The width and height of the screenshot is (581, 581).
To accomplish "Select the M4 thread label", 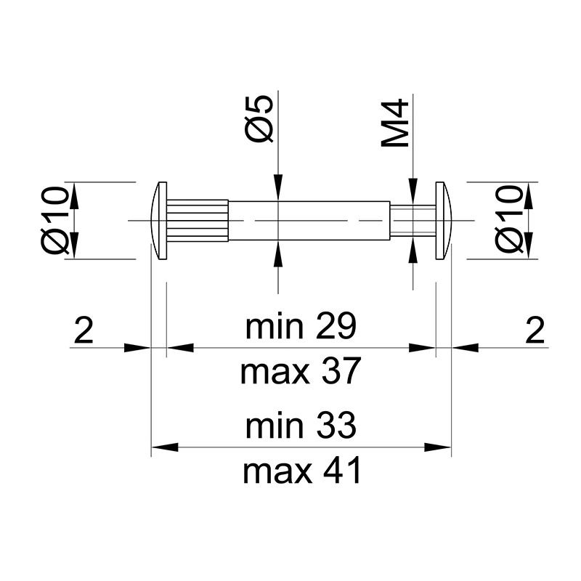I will tap(397, 124).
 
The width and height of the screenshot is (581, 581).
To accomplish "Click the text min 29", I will tap(301, 328).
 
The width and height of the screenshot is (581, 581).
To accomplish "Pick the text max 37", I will tap(301, 373).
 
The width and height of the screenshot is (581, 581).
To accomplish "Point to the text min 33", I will tap(301, 426).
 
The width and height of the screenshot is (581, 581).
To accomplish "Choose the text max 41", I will tap(301, 473).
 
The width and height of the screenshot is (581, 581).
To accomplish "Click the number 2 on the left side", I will tap(84, 332).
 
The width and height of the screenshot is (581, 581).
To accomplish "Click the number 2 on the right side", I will tap(534, 332).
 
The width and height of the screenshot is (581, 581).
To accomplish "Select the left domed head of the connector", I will tap(159, 220).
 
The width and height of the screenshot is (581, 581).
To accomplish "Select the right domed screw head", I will tap(442, 220).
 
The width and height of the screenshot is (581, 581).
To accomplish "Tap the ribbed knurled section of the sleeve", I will tap(198, 220).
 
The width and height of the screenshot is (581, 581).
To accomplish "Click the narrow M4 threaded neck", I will tap(412, 220).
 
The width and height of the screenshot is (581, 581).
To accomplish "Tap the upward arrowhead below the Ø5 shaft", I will tap(277, 252).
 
